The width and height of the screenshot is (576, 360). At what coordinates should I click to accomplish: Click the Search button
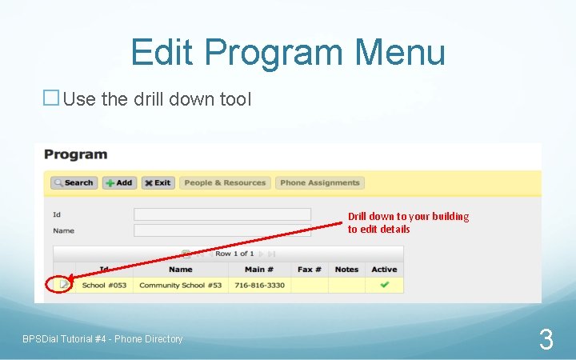(74, 182)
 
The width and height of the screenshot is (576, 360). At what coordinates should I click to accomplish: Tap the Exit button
(158, 182)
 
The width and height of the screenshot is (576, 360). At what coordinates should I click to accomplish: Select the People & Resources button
(225, 182)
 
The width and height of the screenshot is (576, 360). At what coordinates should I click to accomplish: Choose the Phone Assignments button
(320, 182)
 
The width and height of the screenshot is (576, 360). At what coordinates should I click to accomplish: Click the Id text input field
(222, 214)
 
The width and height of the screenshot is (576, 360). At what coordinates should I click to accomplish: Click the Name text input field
(222, 230)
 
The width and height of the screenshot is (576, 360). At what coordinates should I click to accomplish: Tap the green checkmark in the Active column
(384, 285)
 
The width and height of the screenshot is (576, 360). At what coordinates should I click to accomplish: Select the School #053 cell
(104, 286)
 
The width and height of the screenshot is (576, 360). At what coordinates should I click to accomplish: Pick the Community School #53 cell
(180, 286)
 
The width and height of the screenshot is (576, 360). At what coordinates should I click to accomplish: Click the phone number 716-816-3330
(259, 286)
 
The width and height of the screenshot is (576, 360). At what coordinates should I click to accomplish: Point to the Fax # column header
(309, 270)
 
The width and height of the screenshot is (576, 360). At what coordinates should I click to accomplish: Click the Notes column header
(346, 270)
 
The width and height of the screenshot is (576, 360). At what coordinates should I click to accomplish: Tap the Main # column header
(259, 270)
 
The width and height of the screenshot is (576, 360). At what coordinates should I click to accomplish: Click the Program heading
(75, 154)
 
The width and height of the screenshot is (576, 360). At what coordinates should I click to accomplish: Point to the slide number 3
(546, 340)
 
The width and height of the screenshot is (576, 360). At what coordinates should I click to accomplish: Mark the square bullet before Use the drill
(50, 98)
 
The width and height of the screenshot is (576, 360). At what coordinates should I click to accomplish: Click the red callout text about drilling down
(408, 222)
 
